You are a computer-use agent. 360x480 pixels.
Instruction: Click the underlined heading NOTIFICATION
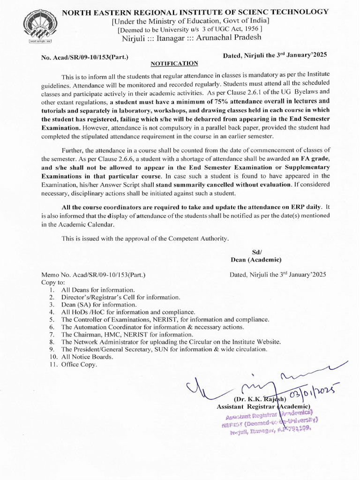click(x=174, y=63)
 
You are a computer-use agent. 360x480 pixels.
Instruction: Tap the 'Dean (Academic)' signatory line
click(x=256, y=260)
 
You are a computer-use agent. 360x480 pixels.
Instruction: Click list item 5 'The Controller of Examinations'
click(x=165, y=319)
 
